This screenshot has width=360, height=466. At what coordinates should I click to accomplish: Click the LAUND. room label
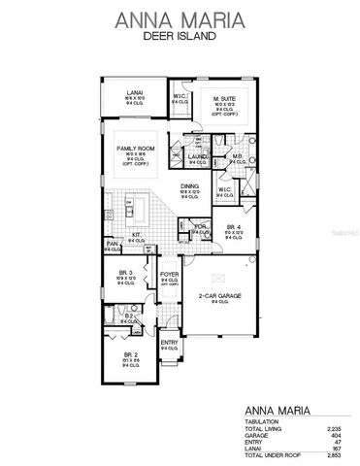(x=197, y=155)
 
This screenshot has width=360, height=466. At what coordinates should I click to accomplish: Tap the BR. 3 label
(x=125, y=273)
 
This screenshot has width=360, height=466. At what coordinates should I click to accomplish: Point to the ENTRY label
(x=168, y=342)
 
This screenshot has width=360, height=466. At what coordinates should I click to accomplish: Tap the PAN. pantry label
(x=112, y=243)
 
